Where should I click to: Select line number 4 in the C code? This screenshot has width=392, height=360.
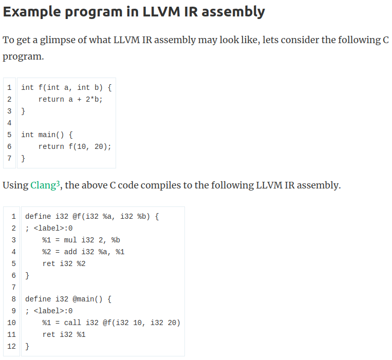(10, 123)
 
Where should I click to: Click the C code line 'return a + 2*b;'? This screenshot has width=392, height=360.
(70, 99)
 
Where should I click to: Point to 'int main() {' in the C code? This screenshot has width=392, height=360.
(47, 135)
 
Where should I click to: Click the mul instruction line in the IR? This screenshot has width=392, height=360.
(81, 240)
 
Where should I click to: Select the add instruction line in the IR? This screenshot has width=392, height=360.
(83, 252)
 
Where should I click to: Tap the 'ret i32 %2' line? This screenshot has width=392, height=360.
(64, 263)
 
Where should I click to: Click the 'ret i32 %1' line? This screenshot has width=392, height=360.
(64, 334)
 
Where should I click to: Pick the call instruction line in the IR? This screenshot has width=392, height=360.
(111, 323)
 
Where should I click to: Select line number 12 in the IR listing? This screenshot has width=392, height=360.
(11, 346)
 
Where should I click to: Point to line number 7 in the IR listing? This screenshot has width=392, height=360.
(13, 287)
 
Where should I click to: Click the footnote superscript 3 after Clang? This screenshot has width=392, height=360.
(59, 182)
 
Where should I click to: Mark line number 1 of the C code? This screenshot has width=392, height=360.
(10, 87)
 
